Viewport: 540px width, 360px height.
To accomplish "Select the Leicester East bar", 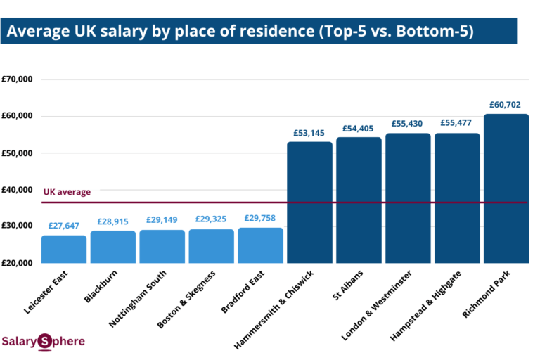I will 63,249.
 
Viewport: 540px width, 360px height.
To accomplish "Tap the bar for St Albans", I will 359,200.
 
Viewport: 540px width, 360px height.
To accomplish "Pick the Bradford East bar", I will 260,245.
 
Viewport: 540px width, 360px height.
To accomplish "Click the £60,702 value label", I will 506,105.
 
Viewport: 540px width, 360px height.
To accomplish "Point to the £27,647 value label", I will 63,226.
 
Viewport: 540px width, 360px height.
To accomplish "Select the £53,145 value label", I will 309,133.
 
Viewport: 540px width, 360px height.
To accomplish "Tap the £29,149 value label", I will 162,221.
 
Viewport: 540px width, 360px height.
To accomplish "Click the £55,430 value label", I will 408,124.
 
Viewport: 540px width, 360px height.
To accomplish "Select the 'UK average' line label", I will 67,191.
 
